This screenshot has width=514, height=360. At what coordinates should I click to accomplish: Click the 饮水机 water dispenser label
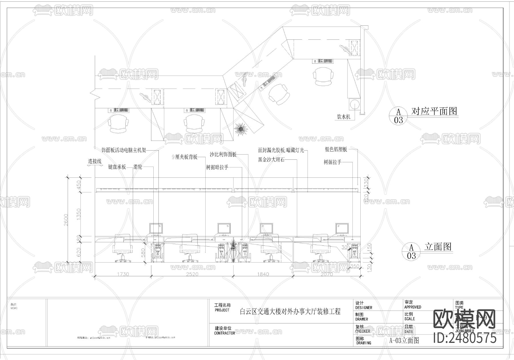344,117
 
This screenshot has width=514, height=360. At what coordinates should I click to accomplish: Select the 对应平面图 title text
434,111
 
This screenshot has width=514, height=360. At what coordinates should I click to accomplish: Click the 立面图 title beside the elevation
438,247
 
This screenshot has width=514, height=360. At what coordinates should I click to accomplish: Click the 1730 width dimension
123,274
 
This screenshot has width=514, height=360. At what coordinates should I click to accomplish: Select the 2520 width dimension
192,274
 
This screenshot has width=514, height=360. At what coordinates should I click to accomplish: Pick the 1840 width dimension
263,274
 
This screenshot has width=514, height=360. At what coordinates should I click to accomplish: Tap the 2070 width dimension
327,274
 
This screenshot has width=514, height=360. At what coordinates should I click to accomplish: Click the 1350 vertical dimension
79,214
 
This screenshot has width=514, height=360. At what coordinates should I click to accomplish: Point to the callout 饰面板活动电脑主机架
124,150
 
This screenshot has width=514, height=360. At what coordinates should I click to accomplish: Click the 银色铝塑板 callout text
336,149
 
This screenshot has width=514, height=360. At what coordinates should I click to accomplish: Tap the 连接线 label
95,162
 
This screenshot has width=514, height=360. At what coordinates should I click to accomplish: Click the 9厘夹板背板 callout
185,157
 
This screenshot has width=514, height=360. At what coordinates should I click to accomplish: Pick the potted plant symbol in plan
240,129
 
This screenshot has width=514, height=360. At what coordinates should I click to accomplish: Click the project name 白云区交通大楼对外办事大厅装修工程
290,311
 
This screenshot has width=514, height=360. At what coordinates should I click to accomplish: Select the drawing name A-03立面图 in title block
404,340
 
